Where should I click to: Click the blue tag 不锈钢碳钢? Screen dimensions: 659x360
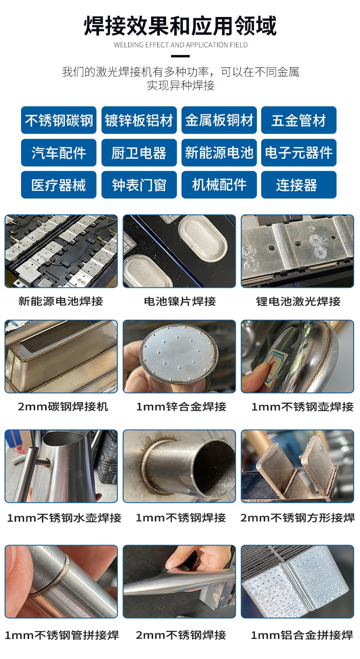pos(59,120)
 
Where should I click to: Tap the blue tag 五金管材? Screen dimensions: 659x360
pos(299,120)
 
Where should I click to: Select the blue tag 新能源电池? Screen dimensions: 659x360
pos(219,152)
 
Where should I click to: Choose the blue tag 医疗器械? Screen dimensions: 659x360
pos(59,185)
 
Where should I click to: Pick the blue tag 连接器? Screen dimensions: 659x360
pos(299,185)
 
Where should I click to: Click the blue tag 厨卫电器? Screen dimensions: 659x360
pos(139,152)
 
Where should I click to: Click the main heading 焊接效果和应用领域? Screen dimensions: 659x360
pos(180,26)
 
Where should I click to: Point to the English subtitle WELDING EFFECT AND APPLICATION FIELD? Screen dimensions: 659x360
pos(180,45)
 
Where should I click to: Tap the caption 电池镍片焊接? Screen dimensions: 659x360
pos(180,301)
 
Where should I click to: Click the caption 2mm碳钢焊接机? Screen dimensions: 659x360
pos(63,406)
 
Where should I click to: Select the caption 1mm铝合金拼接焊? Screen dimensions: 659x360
pos(302,635)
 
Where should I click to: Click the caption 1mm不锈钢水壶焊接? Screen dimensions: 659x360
pos(64,517)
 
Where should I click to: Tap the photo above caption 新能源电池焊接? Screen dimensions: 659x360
pos(61,251)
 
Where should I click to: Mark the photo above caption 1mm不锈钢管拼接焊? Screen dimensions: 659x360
pos(61,581)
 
